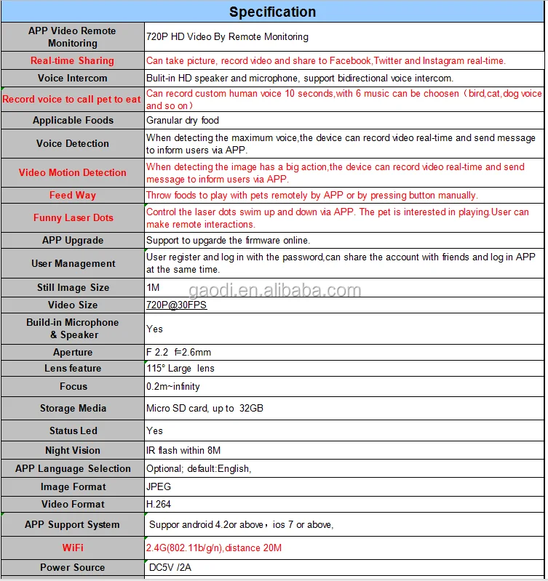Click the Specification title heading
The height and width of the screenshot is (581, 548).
[273, 12]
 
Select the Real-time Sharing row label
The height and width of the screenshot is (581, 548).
[72, 60]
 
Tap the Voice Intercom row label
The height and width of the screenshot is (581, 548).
[73, 78]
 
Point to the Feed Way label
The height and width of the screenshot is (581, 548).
[73, 195]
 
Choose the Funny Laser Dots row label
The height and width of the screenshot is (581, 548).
[73, 217]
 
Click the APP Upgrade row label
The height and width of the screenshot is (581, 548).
[73, 240]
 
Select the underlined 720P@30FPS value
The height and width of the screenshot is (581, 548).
[176, 305]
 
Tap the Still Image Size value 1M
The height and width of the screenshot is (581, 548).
[153, 287]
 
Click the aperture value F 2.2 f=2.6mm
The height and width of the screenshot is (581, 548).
[178, 352]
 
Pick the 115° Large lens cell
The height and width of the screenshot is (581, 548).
[180, 368]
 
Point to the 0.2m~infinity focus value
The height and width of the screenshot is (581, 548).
[173, 386]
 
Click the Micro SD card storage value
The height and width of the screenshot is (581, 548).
[204, 408]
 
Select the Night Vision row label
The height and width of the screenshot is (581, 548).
[73, 450]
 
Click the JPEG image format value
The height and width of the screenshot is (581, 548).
[159, 486]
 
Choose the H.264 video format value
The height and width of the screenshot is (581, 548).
[159, 504]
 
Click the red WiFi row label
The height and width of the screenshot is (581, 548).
[73, 547]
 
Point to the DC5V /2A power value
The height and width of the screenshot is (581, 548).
[170, 566]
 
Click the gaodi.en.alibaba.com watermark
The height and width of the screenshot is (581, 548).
[275, 292]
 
